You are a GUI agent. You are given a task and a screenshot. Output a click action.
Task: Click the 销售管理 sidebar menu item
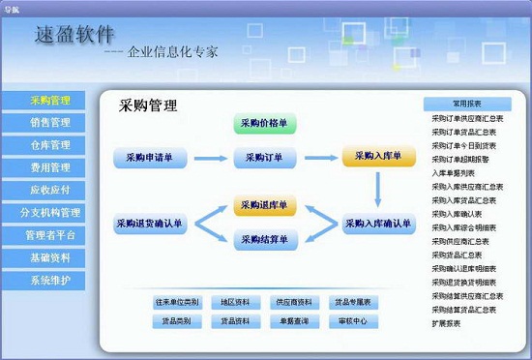click(49, 122)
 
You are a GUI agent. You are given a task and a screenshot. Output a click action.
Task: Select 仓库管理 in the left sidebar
click(49, 145)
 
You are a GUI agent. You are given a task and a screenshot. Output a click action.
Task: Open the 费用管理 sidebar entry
click(49, 167)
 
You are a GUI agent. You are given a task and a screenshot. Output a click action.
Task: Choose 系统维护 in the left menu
click(49, 281)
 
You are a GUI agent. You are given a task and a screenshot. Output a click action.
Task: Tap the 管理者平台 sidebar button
click(49, 235)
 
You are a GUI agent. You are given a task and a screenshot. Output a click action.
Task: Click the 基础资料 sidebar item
click(49, 258)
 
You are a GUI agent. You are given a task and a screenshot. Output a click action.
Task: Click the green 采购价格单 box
click(264, 124)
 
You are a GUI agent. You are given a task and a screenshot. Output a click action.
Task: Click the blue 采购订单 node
click(264, 157)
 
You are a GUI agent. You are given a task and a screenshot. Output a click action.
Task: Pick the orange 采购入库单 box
click(378, 157)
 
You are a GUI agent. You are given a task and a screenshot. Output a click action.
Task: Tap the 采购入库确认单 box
click(378, 225)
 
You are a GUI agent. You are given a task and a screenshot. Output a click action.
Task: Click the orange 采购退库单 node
click(264, 206)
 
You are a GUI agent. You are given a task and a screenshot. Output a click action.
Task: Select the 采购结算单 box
click(264, 240)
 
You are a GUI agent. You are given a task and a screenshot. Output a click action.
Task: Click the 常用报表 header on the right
click(466, 104)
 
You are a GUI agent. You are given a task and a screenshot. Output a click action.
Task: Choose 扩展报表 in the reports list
click(446, 323)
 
